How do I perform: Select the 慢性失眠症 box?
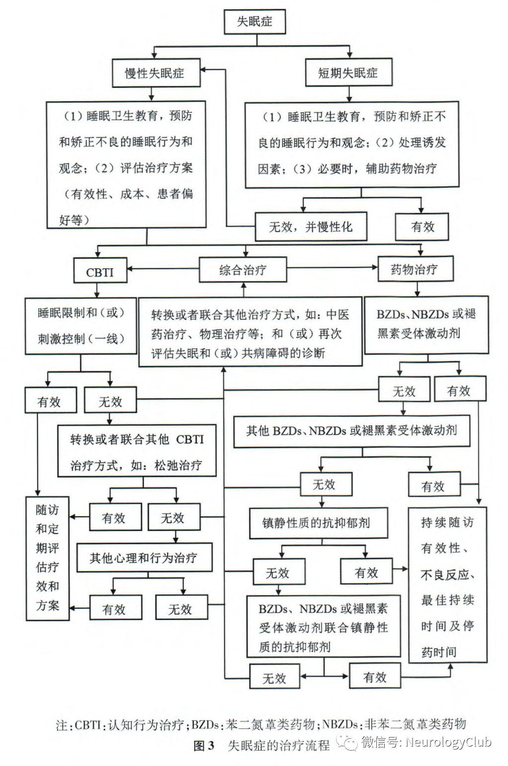(155, 73)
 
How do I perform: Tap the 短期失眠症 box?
(348, 73)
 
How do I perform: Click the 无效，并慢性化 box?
(311, 227)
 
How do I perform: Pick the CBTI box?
(100, 272)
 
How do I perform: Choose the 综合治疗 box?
(243, 270)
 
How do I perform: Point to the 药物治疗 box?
(415, 269)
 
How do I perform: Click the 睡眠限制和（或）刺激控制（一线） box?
(81, 325)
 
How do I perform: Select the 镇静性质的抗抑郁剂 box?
(318, 523)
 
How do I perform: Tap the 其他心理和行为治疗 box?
(144, 557)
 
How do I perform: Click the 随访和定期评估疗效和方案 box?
(48, 558)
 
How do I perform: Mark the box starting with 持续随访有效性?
(447, 585)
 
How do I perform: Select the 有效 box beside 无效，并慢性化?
(422, 227)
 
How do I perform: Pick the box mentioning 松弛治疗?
(137, 452)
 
